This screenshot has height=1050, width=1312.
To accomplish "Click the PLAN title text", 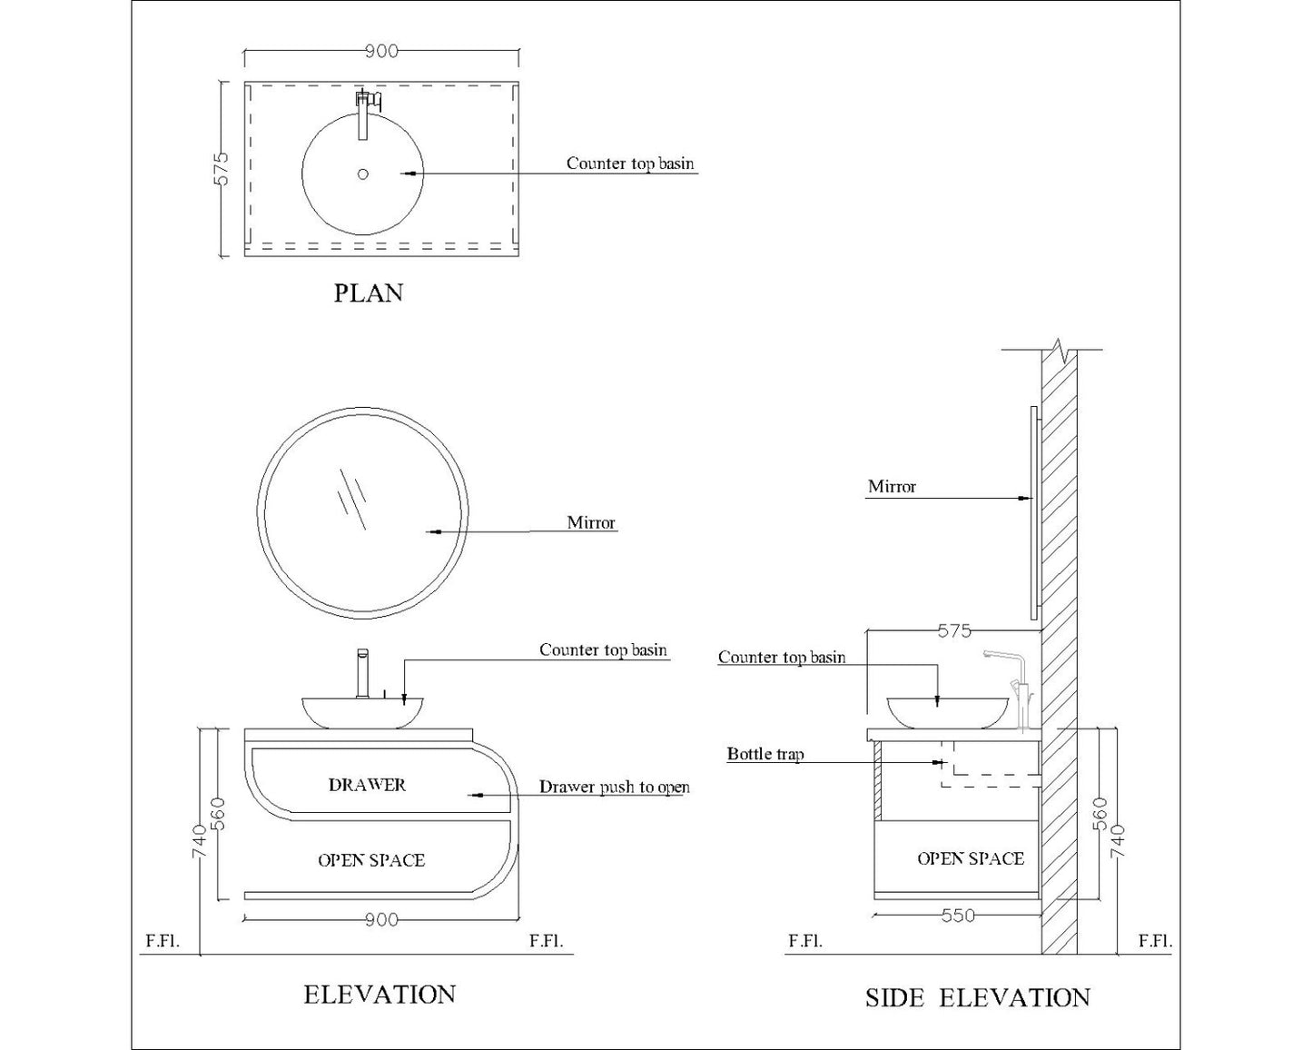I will [368, 293].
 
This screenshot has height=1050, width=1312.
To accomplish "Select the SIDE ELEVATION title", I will [977, 998].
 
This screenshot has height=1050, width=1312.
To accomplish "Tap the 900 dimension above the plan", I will [381, 51].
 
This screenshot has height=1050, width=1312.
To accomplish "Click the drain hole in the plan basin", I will [363, 173].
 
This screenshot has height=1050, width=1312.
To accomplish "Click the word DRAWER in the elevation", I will [367, 785].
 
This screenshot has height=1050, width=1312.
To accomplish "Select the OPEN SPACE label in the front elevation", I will [370, 860].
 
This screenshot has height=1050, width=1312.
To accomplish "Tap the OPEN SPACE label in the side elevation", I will [970, 858].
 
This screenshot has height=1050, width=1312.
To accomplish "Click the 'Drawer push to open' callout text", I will [614, 787].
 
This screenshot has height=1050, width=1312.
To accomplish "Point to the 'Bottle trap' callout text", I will [765, 754].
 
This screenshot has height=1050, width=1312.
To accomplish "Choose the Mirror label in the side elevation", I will [892, 487].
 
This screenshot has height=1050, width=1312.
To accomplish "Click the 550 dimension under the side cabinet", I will [957, 916].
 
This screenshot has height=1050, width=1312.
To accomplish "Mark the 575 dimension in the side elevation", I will [954, 630].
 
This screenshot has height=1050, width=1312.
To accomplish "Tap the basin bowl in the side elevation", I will [948, 711].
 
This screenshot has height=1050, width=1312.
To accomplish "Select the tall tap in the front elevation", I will [362, 673].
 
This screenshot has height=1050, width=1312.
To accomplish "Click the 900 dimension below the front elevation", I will [381, 920].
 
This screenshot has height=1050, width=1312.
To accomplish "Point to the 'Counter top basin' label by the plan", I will [630, 163].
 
